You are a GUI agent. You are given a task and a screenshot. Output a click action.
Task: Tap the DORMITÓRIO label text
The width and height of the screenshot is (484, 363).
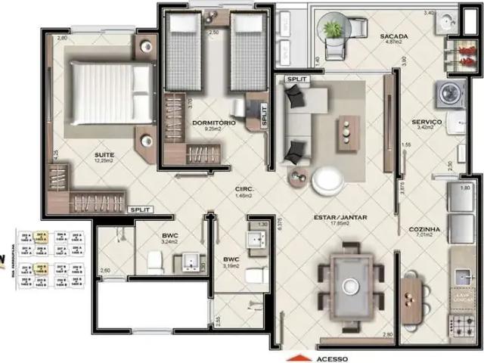coord(214,123)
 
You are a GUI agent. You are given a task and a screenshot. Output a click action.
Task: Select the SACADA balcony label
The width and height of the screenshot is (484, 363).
coord(393,36)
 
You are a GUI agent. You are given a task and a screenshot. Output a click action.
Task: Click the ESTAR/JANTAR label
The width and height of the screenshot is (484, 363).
coord(340,217)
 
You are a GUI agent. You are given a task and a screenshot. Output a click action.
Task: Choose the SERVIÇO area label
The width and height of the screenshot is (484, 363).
coord(427,122)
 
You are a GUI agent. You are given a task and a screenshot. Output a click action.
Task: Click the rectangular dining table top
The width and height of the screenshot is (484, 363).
coord(350,285)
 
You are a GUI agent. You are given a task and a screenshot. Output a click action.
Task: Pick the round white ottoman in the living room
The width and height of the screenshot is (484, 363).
coord(327,180)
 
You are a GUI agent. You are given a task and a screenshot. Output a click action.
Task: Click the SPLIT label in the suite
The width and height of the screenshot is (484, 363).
coord(141,209)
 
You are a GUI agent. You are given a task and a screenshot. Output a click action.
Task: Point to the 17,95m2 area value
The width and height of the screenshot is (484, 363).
coord(340,224)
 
